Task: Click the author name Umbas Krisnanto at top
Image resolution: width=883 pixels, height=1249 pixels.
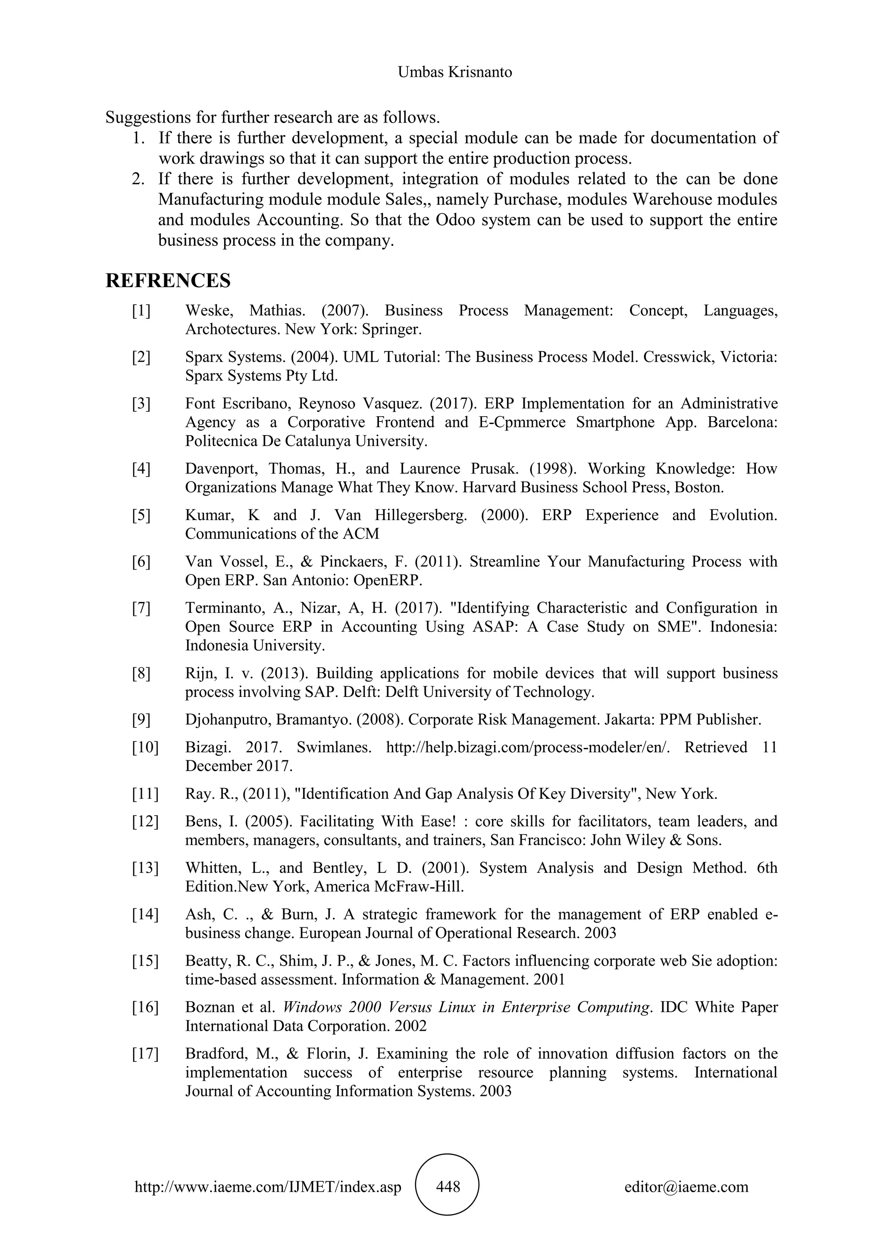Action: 454,72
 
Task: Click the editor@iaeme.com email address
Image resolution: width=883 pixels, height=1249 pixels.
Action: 686,1186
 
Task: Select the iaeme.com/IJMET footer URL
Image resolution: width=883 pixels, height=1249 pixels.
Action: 267,1186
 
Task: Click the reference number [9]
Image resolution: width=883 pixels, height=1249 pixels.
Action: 141,720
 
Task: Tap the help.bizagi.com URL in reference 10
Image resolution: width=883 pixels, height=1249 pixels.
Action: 527,747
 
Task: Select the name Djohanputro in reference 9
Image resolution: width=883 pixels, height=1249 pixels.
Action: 227,720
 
